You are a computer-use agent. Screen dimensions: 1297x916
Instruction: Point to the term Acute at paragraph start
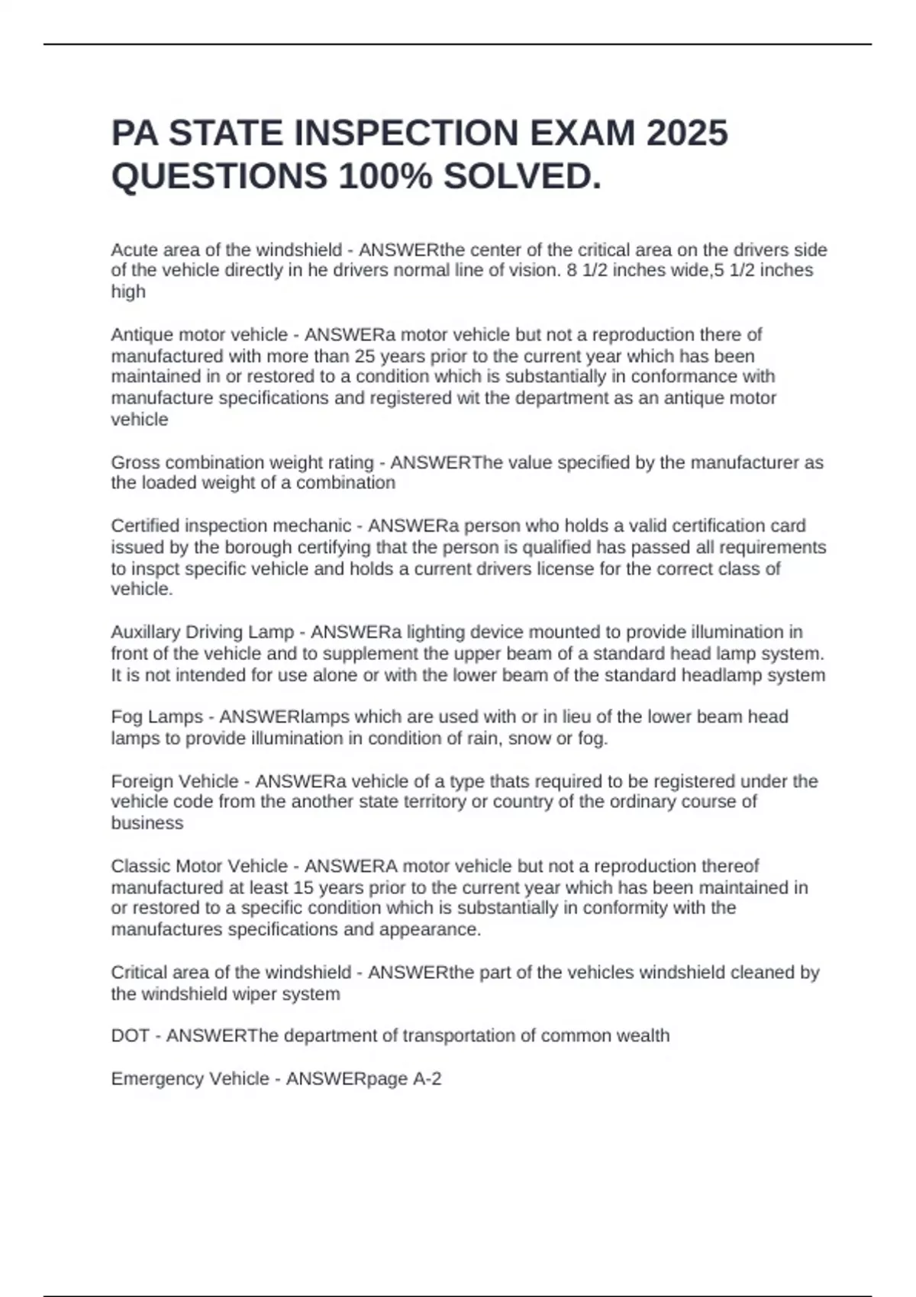point(134,250)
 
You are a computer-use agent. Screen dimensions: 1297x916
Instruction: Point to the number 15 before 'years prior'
point(304,887)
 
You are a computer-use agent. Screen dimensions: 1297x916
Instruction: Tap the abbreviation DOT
point(130,1036)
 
